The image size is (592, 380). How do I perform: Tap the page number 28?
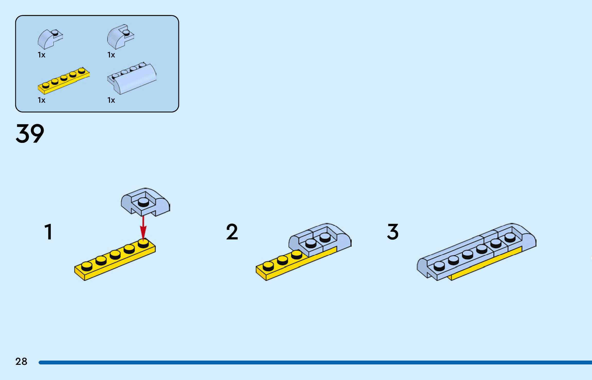pyautogui.click(x=21, y=361)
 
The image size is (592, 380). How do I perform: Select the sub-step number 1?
pyautogui.click(x=48, y=232)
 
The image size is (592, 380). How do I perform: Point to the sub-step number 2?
pyautogui.click(x=232, y=232)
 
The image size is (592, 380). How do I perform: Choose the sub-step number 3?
pyautogui.click(x=393, y=232)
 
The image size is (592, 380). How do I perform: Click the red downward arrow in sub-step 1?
pyautogui.click(x=143, y=228)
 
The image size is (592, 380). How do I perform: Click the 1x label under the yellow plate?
pyautogui.click(x=41, y=100)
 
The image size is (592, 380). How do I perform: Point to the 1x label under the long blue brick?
pyautogui.click(x=111, y=100)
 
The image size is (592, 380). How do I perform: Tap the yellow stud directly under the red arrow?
pyautogui.click(x=143, y=243)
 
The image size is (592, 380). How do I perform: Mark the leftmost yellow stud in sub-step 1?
pyautogui.click(x=87, y=266)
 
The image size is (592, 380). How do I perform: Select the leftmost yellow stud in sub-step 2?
pyautogui.click(x=268, y=266)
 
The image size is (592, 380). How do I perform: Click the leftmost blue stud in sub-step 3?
pyautogui.click(x=439, y=265)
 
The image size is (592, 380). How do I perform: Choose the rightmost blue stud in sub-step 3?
pyautogui.click(x=510, y=237)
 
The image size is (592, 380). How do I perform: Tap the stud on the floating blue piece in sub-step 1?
pyautogui.click(x=143, y=202)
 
